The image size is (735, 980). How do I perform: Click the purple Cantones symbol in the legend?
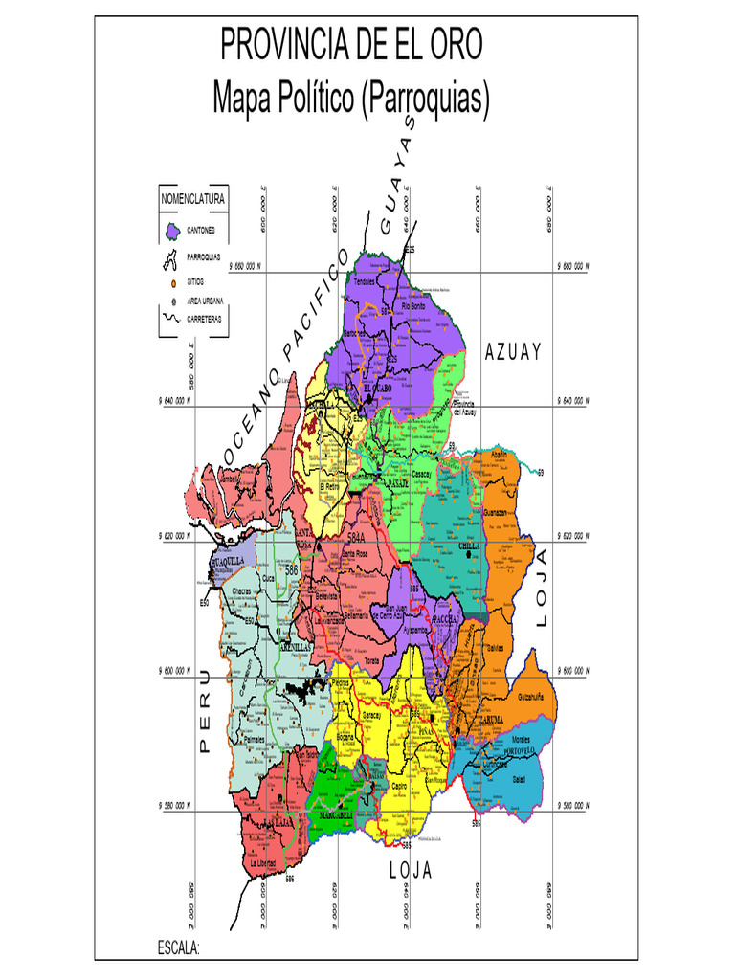pos(172,231)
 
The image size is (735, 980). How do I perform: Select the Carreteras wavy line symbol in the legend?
pos(172,318)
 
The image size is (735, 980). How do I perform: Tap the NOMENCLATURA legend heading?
pos(192,199)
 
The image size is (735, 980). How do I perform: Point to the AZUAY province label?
pos(514,351)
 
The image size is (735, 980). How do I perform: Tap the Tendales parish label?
pos(366,281)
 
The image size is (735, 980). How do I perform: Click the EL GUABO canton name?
pos(377,388)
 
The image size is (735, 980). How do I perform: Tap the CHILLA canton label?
pos(470,546)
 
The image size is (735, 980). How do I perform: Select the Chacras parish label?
pos(242,591)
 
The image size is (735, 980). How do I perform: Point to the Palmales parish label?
pos(254,740)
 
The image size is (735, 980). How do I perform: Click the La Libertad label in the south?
pos(262,863)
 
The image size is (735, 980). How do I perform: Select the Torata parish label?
pos(372,660)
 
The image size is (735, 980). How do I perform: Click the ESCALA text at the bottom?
pos(179,947)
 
